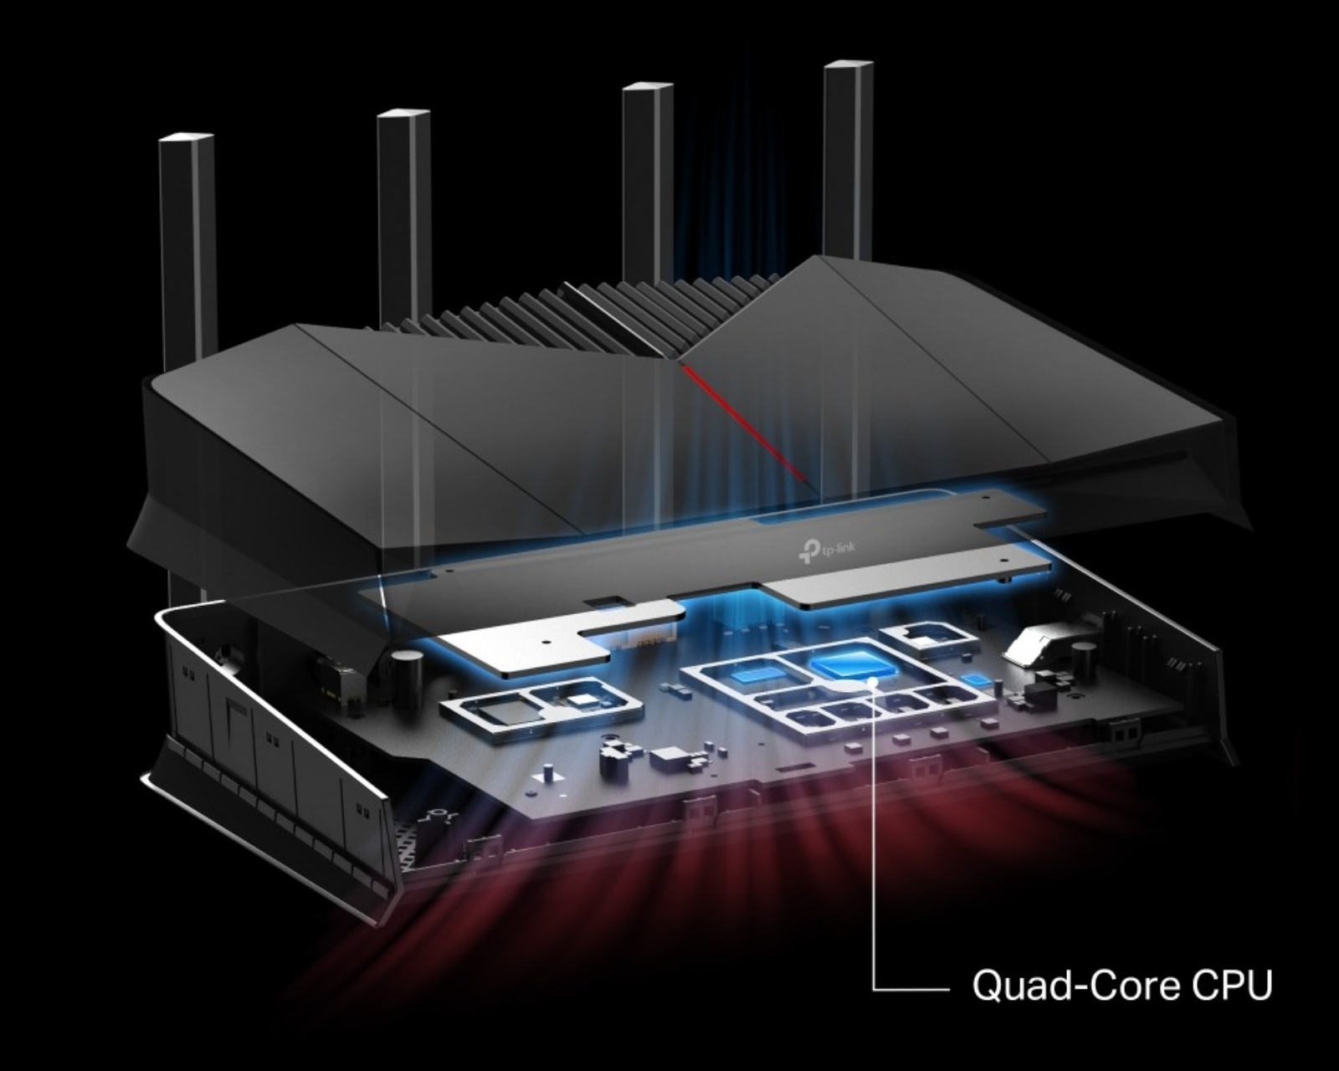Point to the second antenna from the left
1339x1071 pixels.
403,209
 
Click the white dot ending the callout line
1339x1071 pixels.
874,682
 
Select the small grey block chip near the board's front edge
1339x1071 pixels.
668,760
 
